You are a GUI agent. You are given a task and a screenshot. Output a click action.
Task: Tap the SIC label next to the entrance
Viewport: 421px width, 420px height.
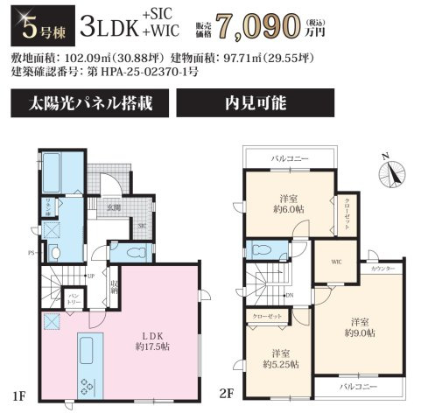coord(141,226)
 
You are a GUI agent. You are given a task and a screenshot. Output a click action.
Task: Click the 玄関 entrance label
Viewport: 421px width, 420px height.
coord(114,207)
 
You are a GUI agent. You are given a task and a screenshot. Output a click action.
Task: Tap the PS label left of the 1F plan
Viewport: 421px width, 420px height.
coord(32,253)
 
